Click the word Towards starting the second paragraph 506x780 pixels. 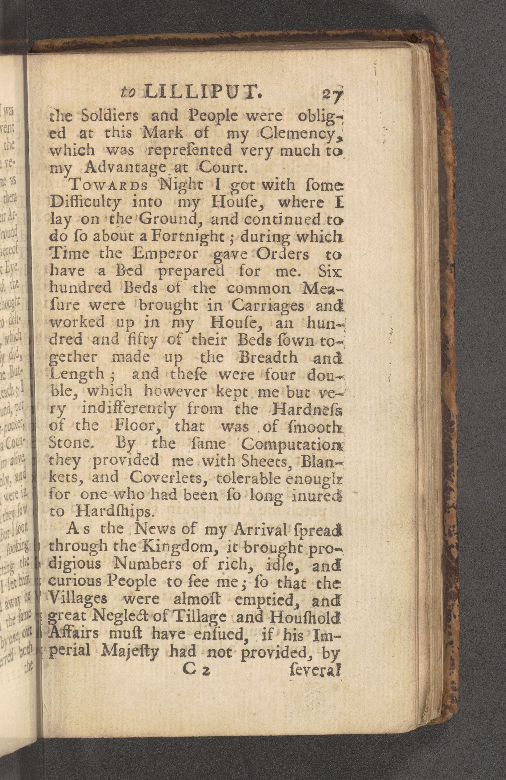pos(108,186)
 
